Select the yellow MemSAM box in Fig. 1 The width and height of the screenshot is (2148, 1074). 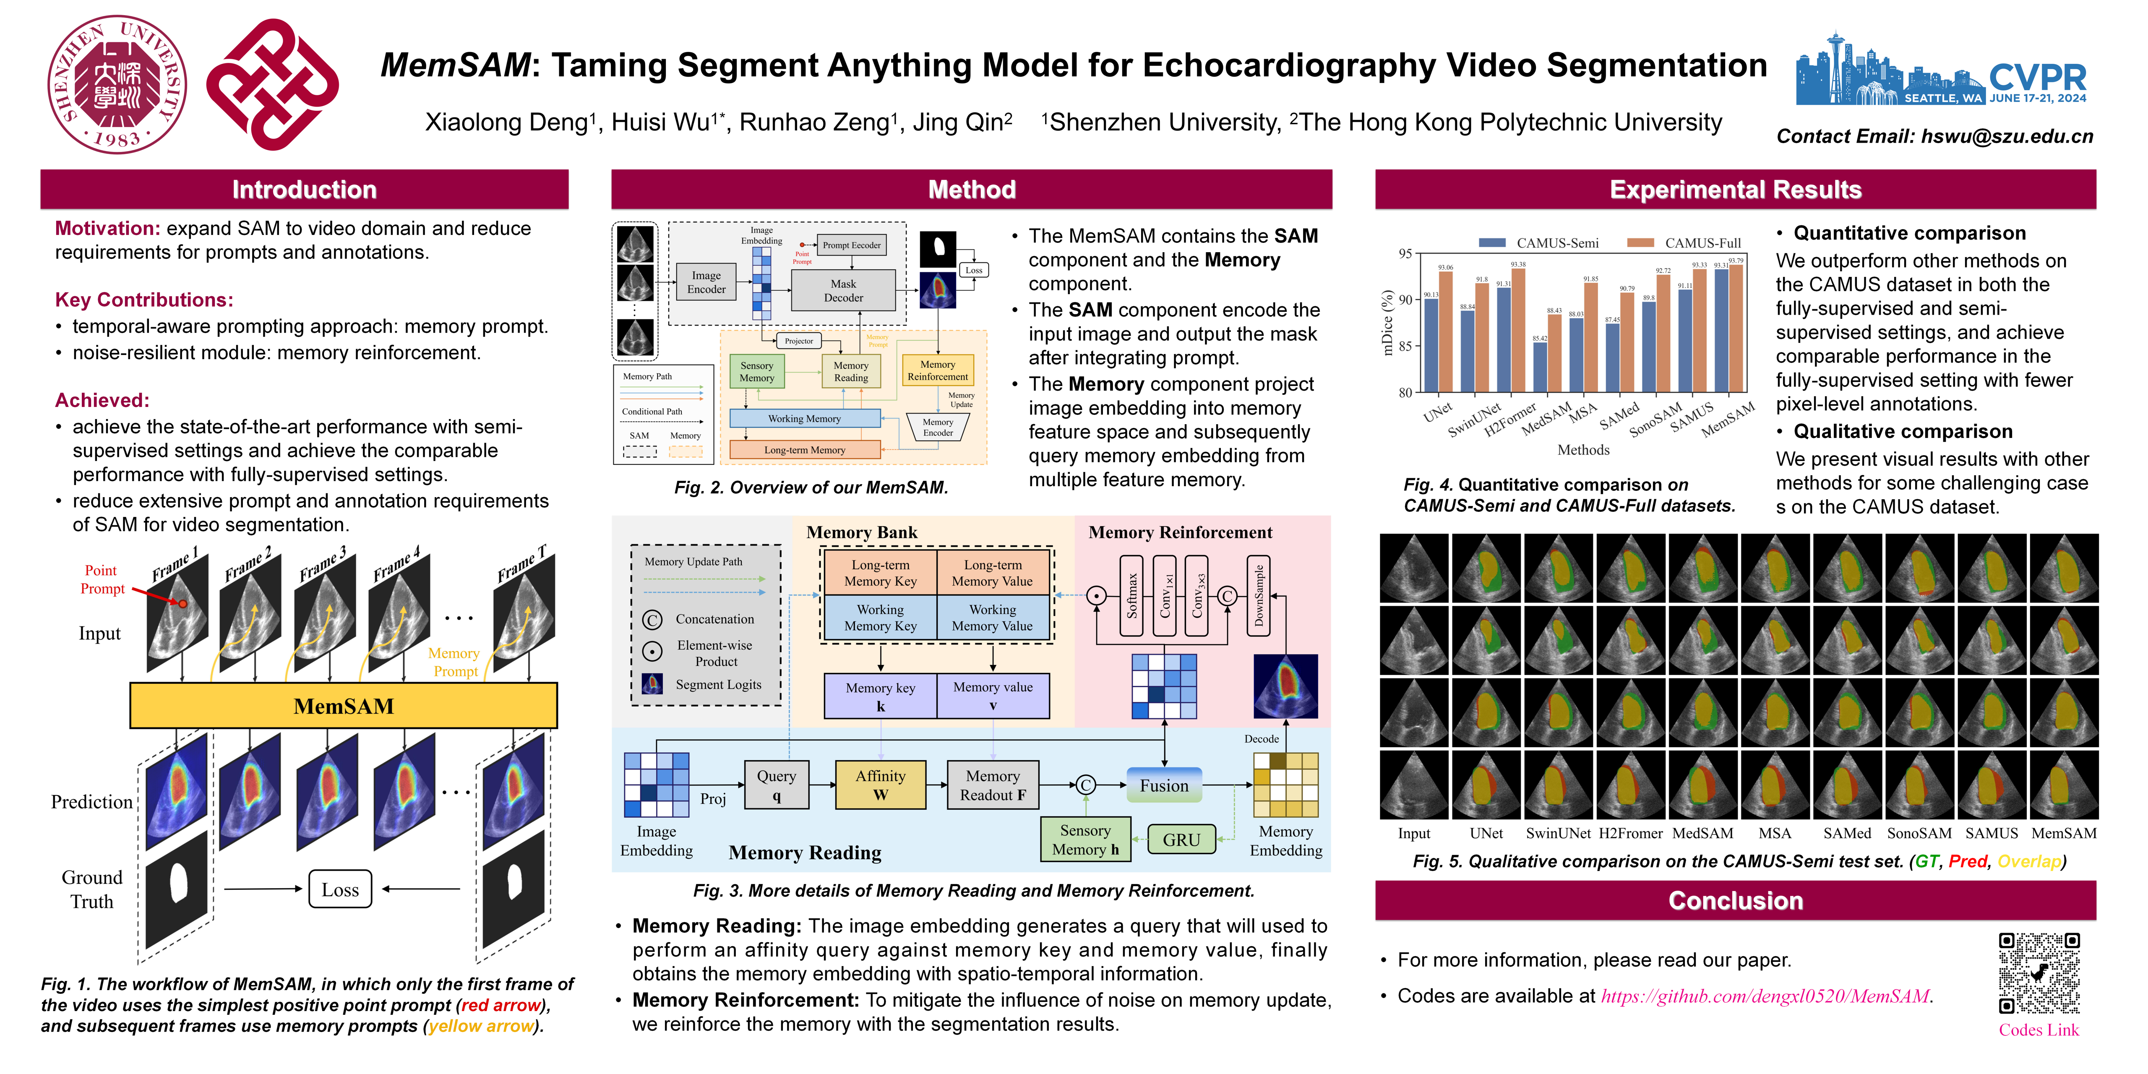tap(344, 705)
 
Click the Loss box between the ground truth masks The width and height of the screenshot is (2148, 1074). tap(340, 890)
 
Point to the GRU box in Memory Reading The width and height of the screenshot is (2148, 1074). tap(1181, 839)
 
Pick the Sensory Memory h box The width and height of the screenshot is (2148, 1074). tap(1085, 839)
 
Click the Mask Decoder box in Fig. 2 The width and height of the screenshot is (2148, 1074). tap(843, 290)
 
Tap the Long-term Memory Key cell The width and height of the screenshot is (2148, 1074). tap(881, 573)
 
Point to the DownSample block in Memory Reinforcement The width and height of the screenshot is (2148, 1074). tap(1258, 595)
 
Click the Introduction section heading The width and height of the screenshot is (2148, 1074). tap(304, 189)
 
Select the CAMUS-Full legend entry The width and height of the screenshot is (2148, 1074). tap(1684, 242)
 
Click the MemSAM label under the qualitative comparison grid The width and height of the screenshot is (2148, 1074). tap(2064, 833)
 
